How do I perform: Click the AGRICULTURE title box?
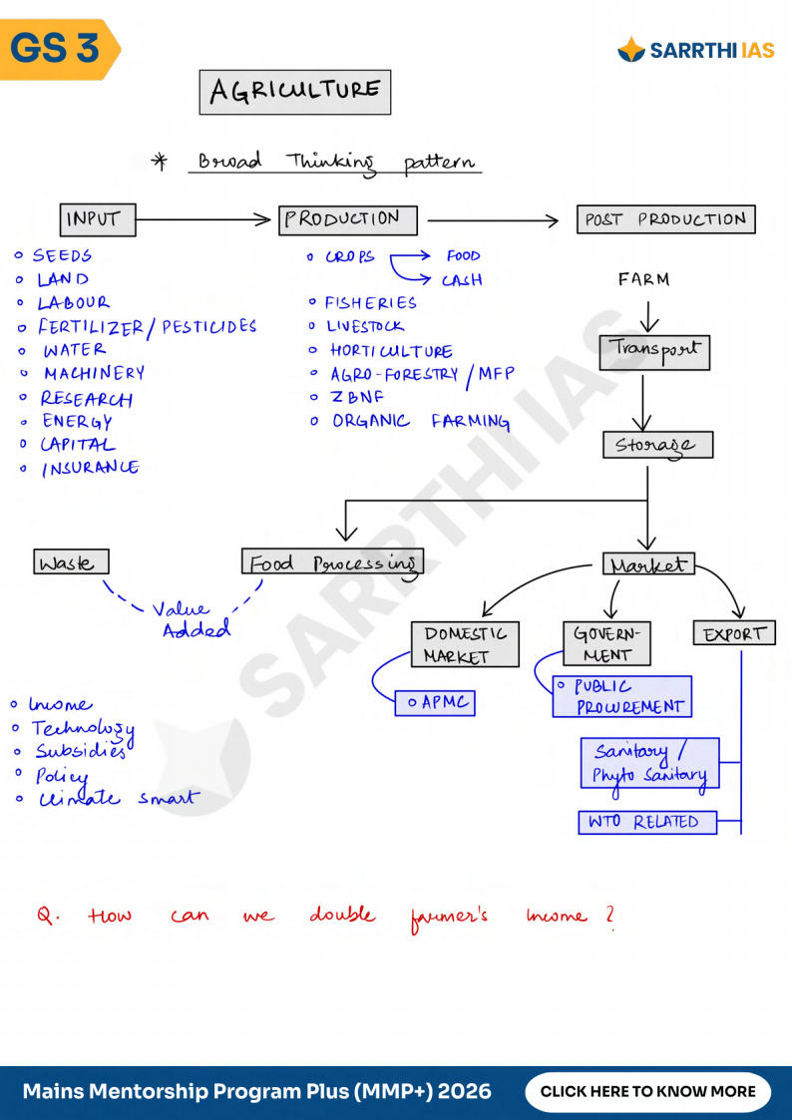pyautogui.click(x=295, y=92)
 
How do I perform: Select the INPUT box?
pyautogui.click(x=97, y=219)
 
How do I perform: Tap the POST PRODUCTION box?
pyautogui.click(x=665, y=219)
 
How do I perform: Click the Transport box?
pyautogui.click(x=654, y=351)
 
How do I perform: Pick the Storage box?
pyautogui.click(x=657, y=445)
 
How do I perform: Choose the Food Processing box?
pyautogui.click(x=332, y=562)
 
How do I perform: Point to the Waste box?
pyautogui.click(x=71, y=562)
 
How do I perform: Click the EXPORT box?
pyautogui.click(x=734, y=633)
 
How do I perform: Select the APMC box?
pyautogui.click(x=435, y=703)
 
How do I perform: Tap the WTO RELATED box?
pyautogui.click(x=647, y=823)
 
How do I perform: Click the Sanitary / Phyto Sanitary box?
pyautogui.click(x=649, y=764)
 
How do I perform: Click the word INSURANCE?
pyautogui.click(x=90, y=468)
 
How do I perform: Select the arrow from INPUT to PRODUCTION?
pyautogui.click(x=205, y=219)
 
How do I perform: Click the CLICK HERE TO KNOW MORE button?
pyautogui.click(x=647, y=1091)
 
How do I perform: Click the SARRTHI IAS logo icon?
pyautogui.click(x=631, y=49)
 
